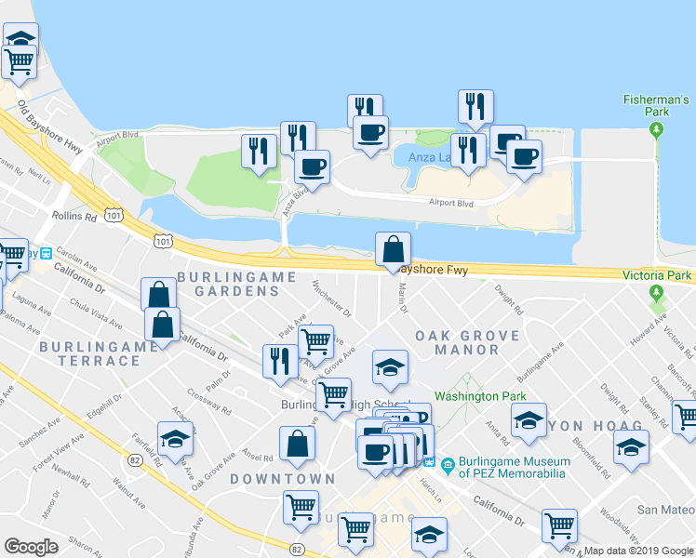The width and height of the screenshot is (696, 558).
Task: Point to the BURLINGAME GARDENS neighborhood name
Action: [x=236, y=284]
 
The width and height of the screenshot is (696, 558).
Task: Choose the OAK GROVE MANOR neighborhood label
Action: [x=457, y=342]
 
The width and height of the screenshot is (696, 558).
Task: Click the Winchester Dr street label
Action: [x=332, y=298]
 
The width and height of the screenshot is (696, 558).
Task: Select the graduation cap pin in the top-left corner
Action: [x=20, y=38]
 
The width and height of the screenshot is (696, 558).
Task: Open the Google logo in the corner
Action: [x=31, y=547]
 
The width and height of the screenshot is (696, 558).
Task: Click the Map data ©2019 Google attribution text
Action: [x=638, y=551]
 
